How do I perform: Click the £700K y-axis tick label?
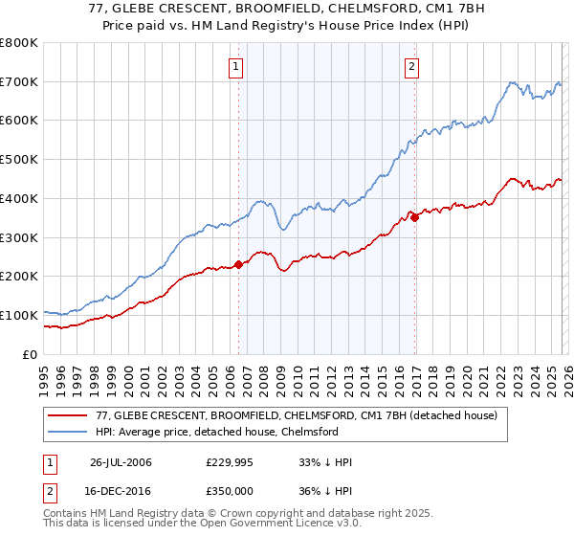[19, 81]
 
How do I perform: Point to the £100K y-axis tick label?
[19, 315]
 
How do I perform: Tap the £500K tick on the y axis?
[19, 160]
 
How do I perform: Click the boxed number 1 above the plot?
[236, 66]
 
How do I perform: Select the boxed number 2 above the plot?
[411, 66]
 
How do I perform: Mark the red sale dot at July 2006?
[238, 265]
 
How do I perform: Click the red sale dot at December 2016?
[415, 218]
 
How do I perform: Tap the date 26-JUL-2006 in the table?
[121, 462]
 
